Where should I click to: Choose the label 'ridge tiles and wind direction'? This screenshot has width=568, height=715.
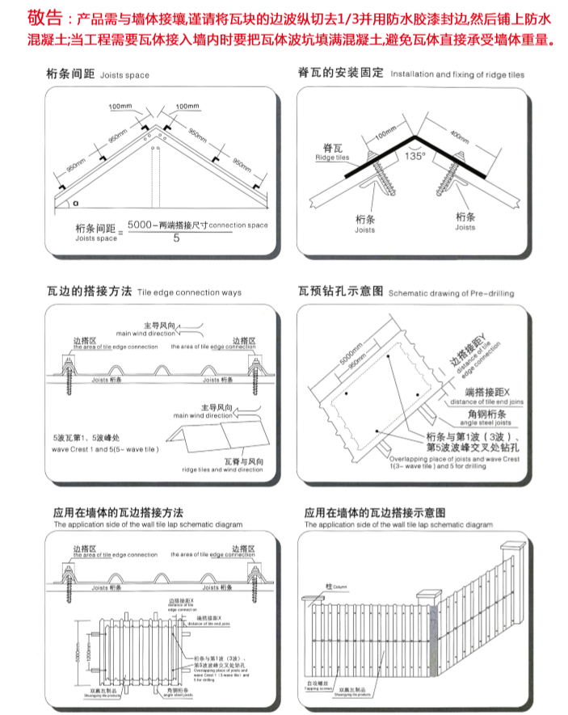tap(220, 469)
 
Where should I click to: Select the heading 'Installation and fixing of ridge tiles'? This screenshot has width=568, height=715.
tap(457, 74)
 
